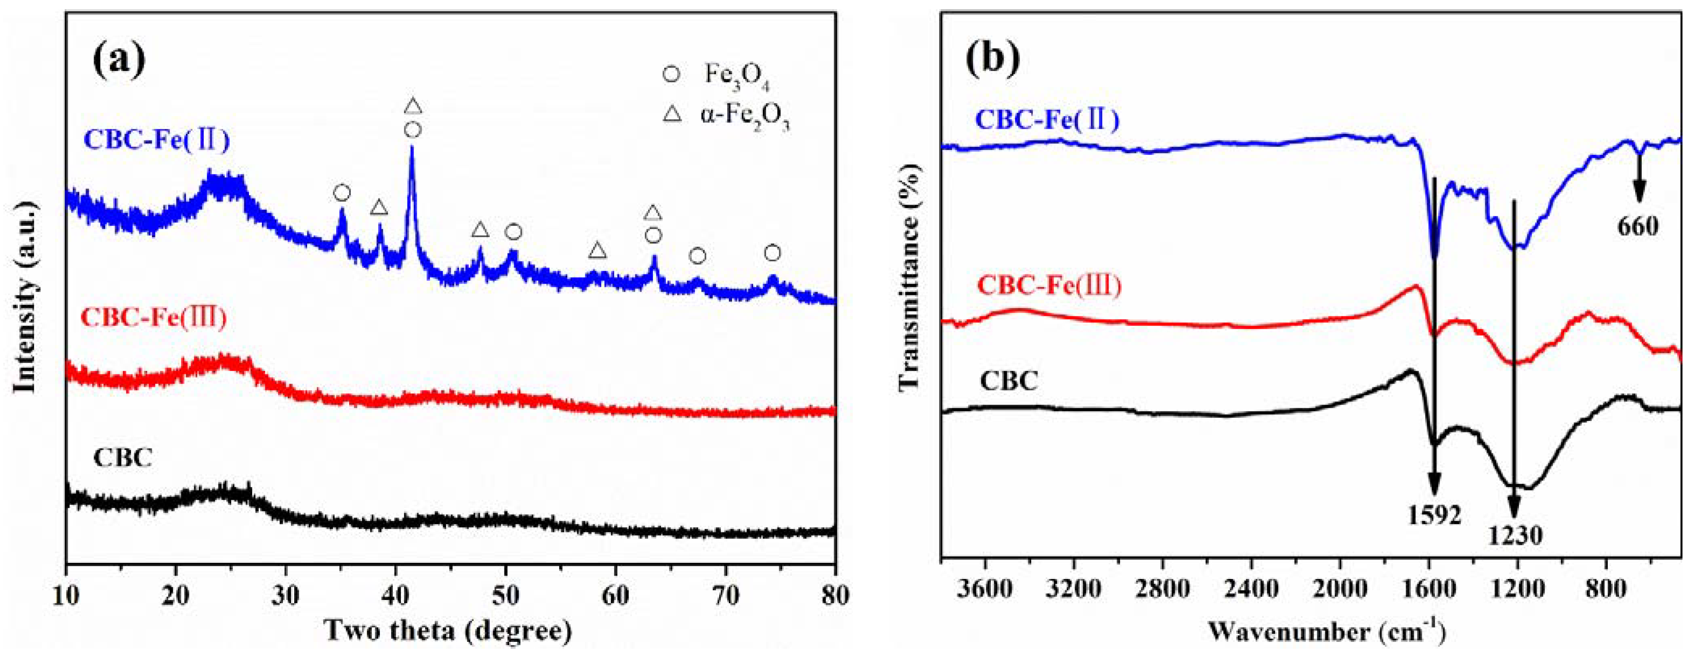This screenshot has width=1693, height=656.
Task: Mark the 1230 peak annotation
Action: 1515,536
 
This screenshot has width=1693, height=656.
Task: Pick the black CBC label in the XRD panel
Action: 123,458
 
